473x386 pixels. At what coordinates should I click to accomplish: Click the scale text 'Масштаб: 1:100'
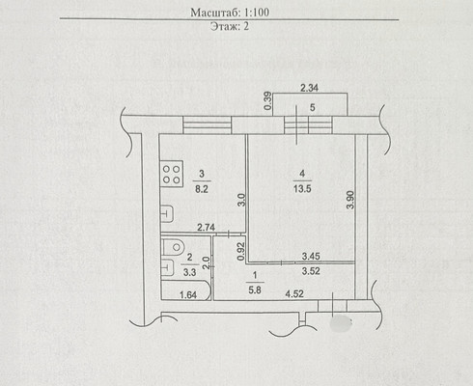tap(230, 13)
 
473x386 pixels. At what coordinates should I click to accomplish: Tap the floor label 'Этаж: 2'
tap(230, 26)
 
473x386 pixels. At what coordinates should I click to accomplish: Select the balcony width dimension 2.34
tap(309, 88)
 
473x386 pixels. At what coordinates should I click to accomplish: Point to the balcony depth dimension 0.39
tap(267, 100)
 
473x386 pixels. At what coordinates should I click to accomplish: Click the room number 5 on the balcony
tap(312, 107)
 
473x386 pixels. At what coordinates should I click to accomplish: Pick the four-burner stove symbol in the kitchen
tap(172, 174)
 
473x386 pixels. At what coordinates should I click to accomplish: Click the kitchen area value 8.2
tap(202, 189)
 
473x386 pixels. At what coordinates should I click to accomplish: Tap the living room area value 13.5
tap(302, 188)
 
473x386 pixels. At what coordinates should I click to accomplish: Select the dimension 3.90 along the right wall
tap(350, 200)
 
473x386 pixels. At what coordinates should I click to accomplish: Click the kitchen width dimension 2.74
tap(206, 228)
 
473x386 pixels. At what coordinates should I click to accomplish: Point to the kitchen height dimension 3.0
tap(242, 200)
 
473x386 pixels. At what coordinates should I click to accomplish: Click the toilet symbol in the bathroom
tap(173, 247)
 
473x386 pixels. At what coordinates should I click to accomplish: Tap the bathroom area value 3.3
tap(189, 272)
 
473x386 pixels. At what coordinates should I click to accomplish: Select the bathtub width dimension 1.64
tap(188, 294)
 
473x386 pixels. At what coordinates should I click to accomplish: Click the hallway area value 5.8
tap(255, 290)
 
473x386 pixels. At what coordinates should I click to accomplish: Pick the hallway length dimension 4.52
tap(294, 293)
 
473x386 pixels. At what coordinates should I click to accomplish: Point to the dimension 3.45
tap(311, 257)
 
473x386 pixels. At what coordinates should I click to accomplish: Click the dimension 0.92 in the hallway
tap(241, 252)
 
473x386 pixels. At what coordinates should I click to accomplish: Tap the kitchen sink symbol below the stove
tap(167, 213)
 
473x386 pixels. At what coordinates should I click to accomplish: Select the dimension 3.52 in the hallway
tap(311, 271)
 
